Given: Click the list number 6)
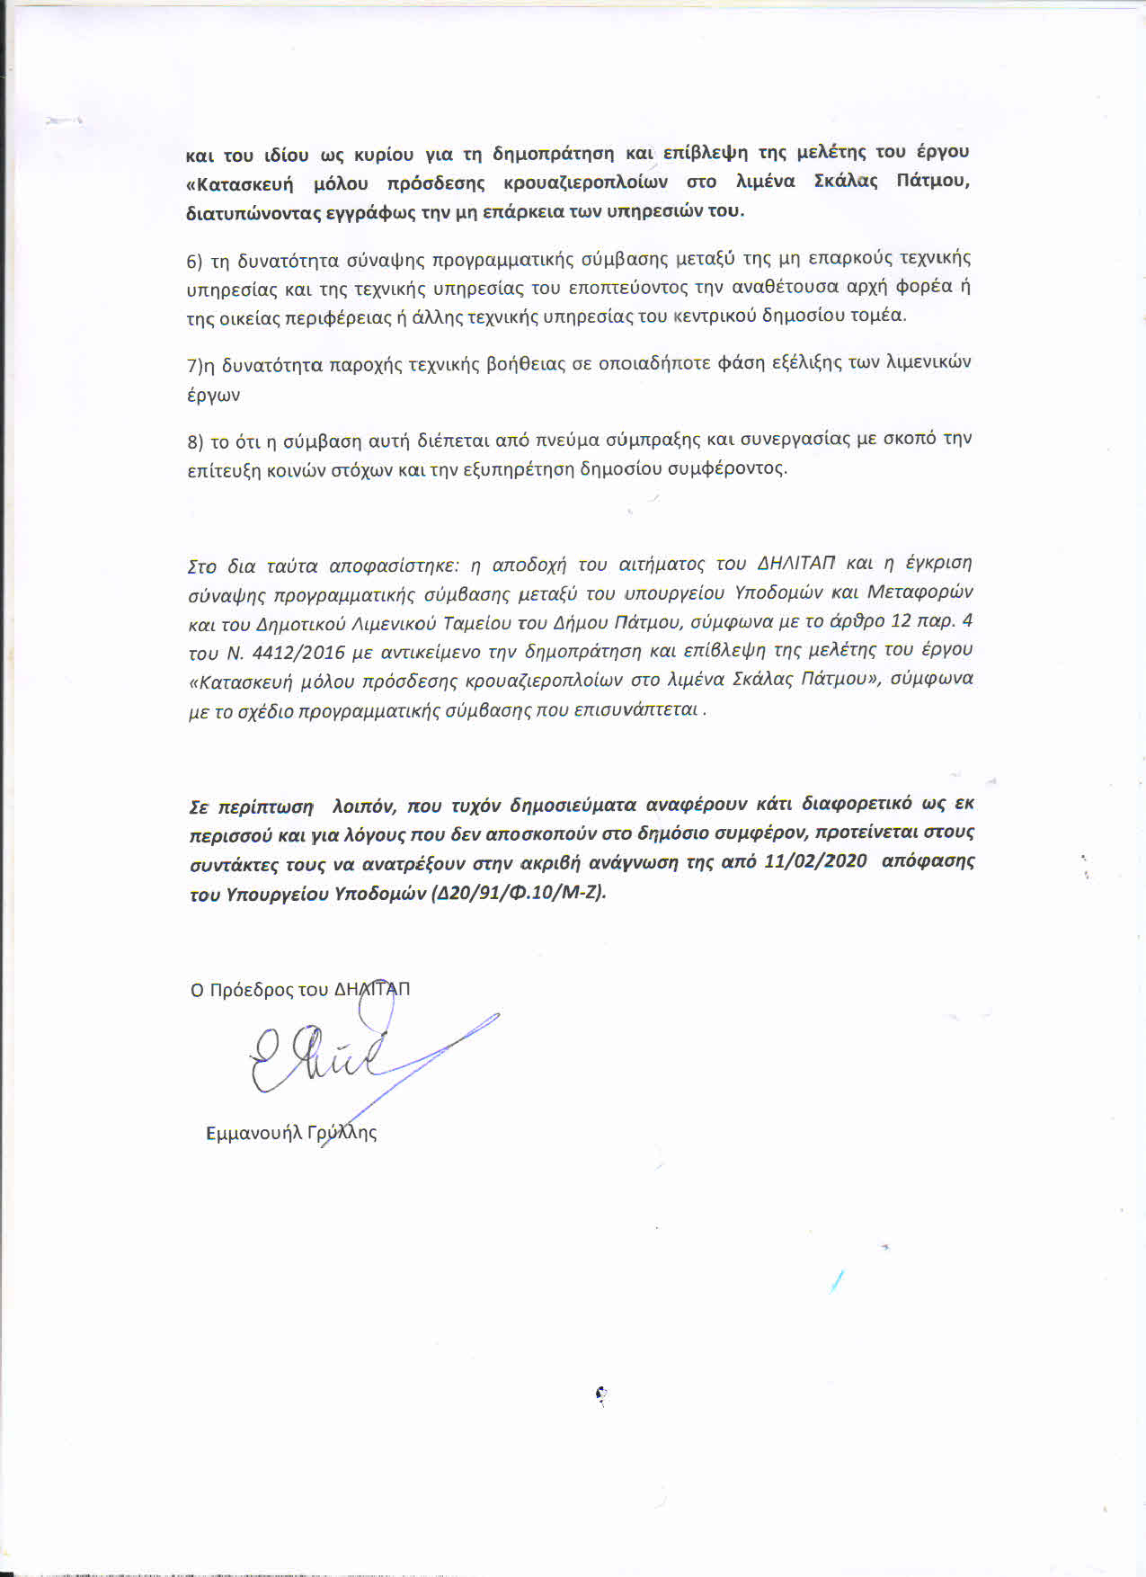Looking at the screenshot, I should pyautogui.click(x=195, y=262).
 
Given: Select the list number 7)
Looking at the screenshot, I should pyautogui.click(x=197, y=365).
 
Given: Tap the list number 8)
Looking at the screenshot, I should pyautogui.click(x=195, y=441).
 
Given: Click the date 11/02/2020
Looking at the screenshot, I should pyautogui.click(x=815, y=860).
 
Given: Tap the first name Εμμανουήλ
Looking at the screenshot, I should pyautogui.click(x=253, y=1133).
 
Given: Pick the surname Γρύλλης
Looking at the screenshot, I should pyautogui.click(x=342, y=1133).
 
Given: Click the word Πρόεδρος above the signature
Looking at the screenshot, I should pyautogui.click(x=251, y=990).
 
